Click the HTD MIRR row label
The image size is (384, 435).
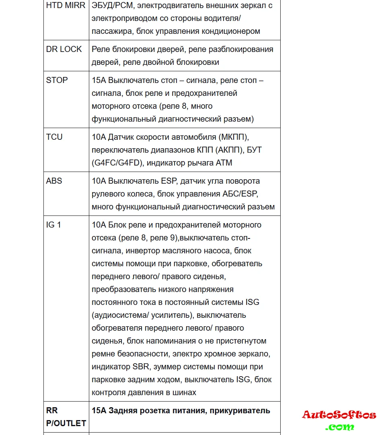(66, 6)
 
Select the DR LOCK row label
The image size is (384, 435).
(64, 49)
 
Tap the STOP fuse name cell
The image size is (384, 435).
(57, 80)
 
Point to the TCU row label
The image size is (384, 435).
(54, 137)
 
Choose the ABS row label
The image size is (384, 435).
(54, 181)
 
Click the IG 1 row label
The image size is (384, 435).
(53, 225)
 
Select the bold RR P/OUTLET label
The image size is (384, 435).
(66, 417)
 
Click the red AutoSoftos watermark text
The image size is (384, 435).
(339, 415)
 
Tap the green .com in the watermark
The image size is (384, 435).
(340, 427)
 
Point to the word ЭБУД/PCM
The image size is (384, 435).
(112, 6)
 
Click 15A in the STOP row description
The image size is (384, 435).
(99, 80)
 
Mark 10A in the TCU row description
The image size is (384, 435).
(99, 137)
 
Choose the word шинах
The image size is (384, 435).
(185, 392)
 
